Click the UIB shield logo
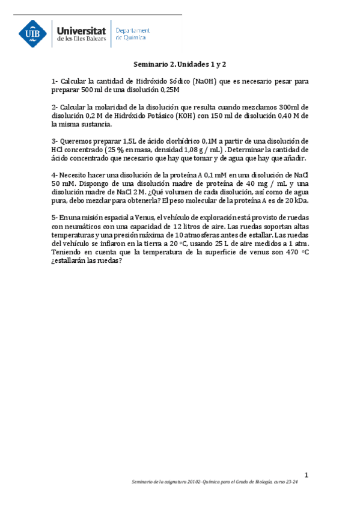pos(34,34)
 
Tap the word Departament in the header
pos(132,29)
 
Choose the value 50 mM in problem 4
pos(63,184)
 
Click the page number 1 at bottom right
pos(306,476)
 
